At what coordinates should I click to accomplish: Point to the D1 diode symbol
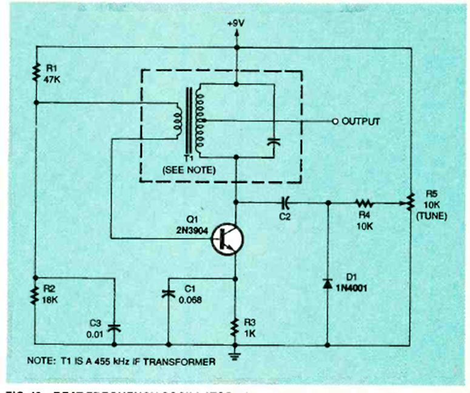click(x=327, y=282)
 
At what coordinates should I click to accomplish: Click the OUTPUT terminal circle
click(x=334, y=121)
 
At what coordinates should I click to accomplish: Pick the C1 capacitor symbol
click(x=168, y=294)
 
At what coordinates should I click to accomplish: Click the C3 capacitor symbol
click(x=112, y=328)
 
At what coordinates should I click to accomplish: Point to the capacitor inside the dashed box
click(x=274, y=142)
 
